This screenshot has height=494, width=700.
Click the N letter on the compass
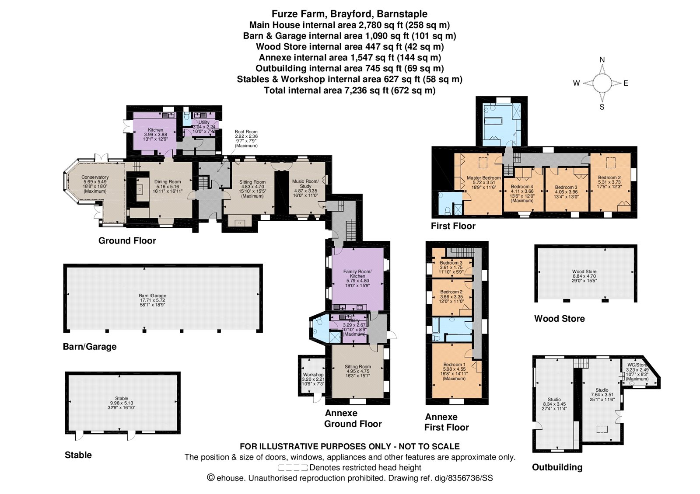click(x=602, y=59)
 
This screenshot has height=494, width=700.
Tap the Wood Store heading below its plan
click(x=560, y=319)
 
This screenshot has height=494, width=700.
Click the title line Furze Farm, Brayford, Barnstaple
click(x=350, y=14)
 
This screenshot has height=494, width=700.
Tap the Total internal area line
click(x=350, y=90)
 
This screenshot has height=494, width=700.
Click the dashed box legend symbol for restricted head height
click(x=293, y=468)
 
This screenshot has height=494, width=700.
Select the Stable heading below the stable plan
click(x=78, y=455)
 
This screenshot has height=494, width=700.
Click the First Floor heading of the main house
click(x=453, y=226)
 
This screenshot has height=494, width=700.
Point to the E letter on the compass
click(x=626, y=83)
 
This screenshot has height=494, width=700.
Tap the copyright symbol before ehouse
click(x=211, y=478)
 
